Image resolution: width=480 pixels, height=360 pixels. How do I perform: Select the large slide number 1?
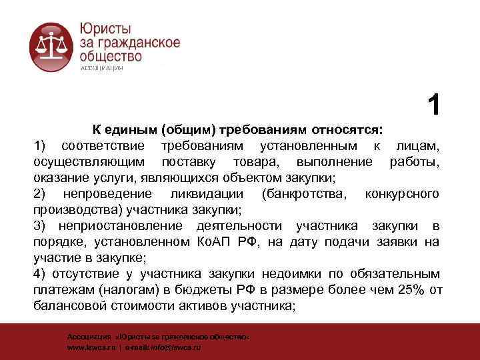click(434, 105)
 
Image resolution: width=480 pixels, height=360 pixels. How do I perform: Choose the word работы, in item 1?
click(414, 161)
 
